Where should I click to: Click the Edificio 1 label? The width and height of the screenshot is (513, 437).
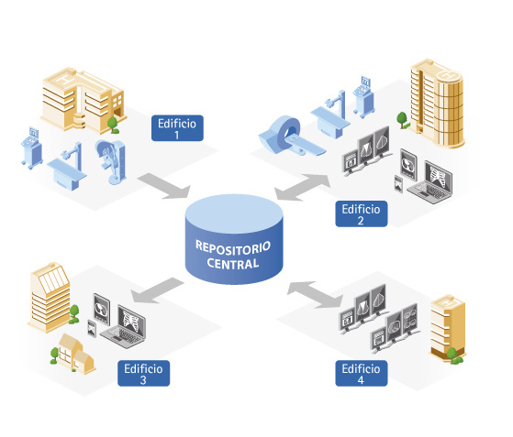[x=177, y=128]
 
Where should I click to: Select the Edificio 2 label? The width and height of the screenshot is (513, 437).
[x=362, y=214]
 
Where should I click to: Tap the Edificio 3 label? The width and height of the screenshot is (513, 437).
[x=144, y=373]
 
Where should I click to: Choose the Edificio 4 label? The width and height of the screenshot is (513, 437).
[x=362, y=373]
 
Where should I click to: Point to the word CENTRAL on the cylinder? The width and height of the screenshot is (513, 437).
[x=233, y=264]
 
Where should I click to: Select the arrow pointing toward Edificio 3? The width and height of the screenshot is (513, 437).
[x=156, y=290]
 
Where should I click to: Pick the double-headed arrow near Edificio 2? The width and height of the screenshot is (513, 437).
[x=302, y=187]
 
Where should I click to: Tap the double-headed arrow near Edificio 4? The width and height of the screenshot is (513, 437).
[x=315, y=294]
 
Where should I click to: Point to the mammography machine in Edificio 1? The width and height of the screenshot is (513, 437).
[x=112, y=161]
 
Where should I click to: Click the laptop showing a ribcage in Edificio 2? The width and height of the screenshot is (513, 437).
[x=430, y=181]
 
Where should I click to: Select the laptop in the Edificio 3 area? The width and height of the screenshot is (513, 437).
[x=123, y=327]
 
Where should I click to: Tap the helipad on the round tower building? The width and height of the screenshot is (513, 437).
[x=448, y=74]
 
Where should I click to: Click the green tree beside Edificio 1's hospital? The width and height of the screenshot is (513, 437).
[x=113, y=125]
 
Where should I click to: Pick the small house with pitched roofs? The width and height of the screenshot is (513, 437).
[x=76, y=354]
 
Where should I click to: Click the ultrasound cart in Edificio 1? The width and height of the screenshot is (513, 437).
[x=31, y=147]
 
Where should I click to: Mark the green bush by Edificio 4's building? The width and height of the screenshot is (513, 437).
[x=453, y=356]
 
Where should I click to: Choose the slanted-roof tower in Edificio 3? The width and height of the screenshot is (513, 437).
[x=50, y=297]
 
